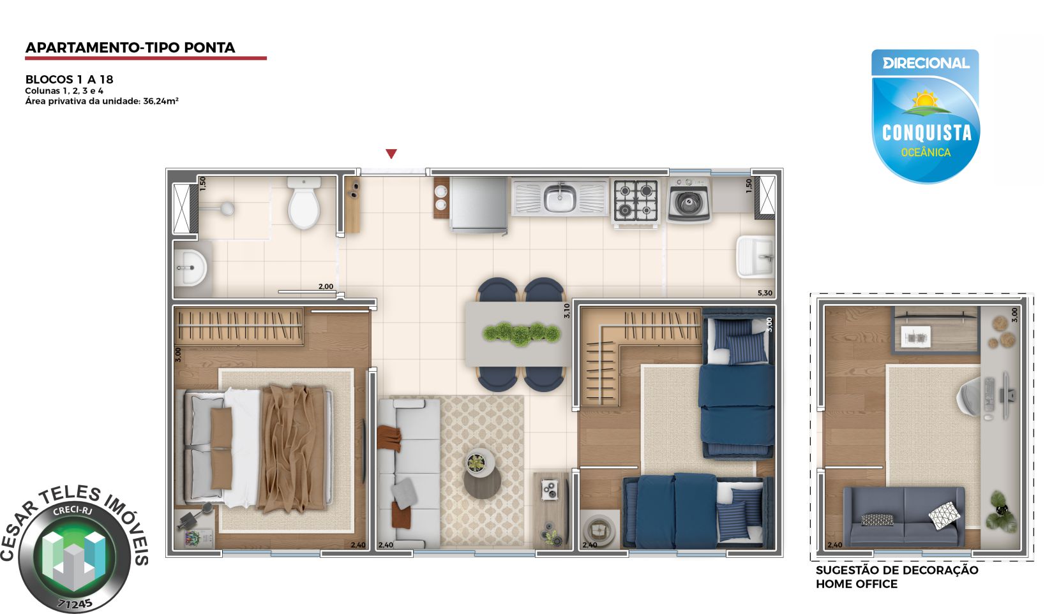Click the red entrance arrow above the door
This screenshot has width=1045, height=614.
point(391,154)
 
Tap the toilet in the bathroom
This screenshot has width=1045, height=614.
point(304,204)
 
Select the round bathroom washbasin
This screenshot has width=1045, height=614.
point(190,267)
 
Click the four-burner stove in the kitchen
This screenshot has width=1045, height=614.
point(636,200)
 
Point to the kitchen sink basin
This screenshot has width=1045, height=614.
point(559,198)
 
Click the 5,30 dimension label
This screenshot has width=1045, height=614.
point(764,293)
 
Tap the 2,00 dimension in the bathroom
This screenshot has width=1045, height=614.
point(326,287)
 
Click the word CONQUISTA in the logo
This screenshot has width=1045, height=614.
point(926,133)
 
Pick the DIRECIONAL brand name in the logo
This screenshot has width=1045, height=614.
point(926,63)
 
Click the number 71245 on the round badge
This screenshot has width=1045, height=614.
point(75,603)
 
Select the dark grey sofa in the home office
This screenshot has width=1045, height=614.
point(904,515)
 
